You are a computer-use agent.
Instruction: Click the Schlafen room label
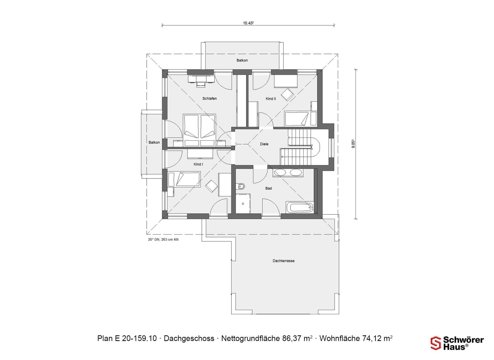[x=209, y=98]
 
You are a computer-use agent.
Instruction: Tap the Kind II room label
[x=271, y=99]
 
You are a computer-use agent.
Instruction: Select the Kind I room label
[x=198, y=164]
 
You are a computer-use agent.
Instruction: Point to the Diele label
[x=264, y=144]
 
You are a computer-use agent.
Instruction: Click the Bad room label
[x=268, y=188]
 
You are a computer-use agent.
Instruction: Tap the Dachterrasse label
[x=283, y=261]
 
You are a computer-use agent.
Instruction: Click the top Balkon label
[x=242, y=60]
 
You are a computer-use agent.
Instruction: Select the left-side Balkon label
[x=154, y=142]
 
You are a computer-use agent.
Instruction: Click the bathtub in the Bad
[x=300, y=207]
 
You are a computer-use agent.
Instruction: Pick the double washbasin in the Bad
[x=287, y=173]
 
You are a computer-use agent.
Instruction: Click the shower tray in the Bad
[x=243, y=204]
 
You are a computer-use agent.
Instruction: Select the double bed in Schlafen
[x=199, y=130]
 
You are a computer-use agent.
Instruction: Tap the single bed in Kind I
[x=184, y=179]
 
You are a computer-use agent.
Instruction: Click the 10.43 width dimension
[x=248, y=23]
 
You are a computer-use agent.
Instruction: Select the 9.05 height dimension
[x=353, y=144]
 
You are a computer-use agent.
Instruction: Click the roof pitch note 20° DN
[x=163, y=239]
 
